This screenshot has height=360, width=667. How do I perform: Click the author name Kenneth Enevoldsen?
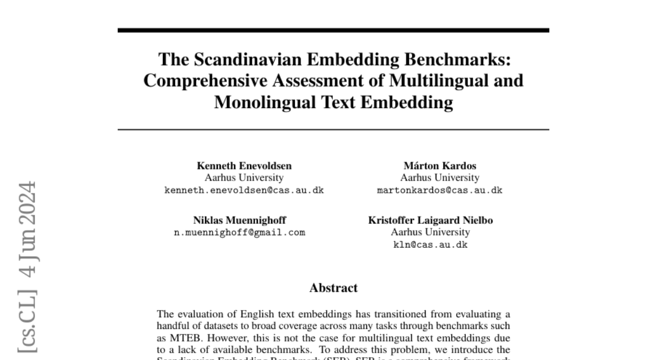[244, 166]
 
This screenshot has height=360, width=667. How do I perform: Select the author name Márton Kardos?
[440, 166]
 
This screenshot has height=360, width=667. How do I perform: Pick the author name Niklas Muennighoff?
[240, 220]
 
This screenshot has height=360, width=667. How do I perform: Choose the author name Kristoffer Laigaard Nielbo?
[430, 220]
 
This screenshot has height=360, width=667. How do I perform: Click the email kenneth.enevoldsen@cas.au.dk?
[244, 190]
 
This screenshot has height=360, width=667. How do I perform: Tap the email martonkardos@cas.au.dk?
[440, 190]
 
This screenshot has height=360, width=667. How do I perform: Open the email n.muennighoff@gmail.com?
[240, 233]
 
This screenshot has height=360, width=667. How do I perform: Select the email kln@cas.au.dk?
[430, 245]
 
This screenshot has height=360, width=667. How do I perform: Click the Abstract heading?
[333, 288]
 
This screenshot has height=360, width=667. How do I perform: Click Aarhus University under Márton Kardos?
[440, 178]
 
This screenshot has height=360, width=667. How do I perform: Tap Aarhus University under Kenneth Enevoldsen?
[244, 178]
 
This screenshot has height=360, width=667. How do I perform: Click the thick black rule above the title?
[333, 30]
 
